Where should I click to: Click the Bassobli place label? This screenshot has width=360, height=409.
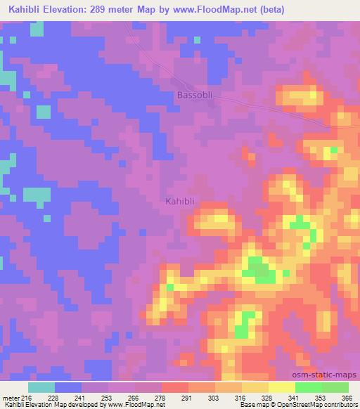[x=193, y=94]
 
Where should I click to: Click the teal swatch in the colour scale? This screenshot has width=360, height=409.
[x=41, y=387]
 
